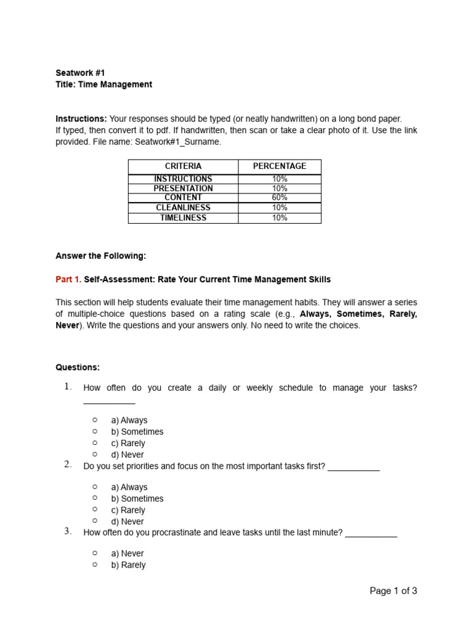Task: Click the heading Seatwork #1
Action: pos(76,73)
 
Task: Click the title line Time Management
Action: pos(103,84)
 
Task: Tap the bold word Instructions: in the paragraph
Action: pos(81,118)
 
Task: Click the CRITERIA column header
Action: pos(183,166)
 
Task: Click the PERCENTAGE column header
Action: pos(279,166)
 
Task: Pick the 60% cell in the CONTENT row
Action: pos(279,198)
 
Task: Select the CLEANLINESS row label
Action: pos(183,208)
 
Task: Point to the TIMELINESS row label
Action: pos(183,218)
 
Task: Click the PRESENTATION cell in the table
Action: pos(183,189)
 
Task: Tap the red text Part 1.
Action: pos(68,279)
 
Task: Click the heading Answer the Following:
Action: pos(101,256)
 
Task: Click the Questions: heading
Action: pos(78,367)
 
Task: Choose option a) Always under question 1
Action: pos(129,420)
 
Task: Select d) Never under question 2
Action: pos(127,522)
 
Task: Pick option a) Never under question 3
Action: pos(128,553)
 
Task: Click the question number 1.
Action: pos(68,387)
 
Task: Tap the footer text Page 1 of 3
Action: pos(393,591)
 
